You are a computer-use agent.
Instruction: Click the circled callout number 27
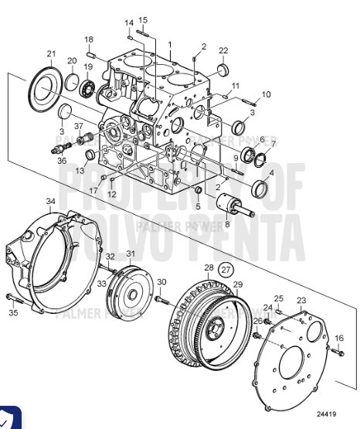[x=224, y=271]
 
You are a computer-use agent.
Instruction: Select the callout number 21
[x=51, y=53]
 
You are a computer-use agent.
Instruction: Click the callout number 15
[x=143, y=19]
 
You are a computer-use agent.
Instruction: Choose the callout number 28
[x=208, y=267]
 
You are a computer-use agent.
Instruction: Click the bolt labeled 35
[x=10, y=298]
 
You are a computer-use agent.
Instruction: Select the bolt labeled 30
[x=160, y=298]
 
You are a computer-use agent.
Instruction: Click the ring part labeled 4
[x=259, y=188]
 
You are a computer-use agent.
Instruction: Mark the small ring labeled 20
[x=70, y=80]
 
